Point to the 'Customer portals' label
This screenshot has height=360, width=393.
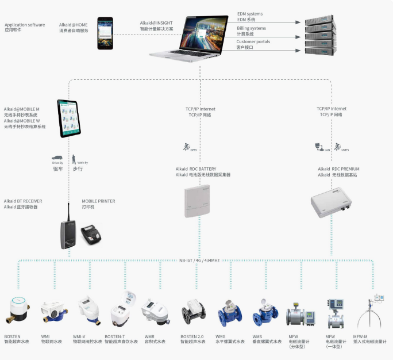point(253,42)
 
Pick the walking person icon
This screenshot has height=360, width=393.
point(74,158)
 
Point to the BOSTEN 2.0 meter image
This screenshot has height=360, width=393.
point(194,314)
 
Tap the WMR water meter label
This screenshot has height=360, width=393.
point(149,335)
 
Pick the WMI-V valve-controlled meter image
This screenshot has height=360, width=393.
point(87,311)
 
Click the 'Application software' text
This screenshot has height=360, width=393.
point(25,25)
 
